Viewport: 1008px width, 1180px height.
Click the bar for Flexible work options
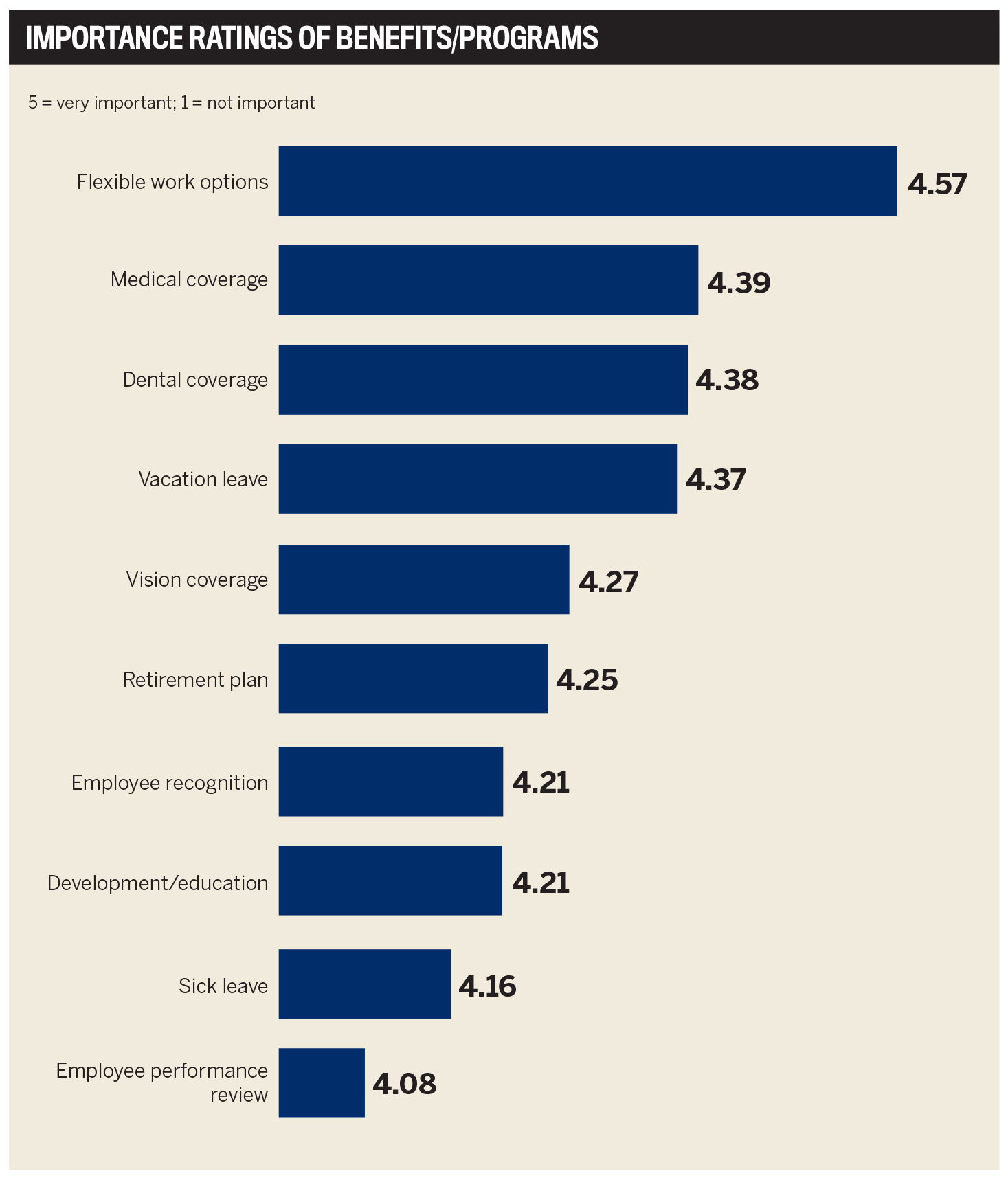587,181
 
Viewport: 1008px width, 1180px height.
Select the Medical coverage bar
488,280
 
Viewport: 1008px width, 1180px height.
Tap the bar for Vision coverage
423,580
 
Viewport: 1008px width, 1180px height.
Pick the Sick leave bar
364,984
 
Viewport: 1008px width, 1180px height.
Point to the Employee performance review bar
322,1083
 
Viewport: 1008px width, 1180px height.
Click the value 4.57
937,184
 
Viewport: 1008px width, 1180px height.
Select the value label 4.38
727,380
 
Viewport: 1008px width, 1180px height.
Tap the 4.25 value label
587,680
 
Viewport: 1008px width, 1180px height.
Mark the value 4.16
487,986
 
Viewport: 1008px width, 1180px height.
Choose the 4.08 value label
404,1084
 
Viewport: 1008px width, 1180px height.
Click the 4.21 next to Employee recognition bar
541,783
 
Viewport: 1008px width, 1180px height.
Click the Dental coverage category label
195,380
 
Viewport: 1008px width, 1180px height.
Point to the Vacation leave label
203,479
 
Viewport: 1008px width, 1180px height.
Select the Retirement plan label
195,680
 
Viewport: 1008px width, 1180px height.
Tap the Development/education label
157,883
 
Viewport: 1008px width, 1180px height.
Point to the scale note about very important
171,103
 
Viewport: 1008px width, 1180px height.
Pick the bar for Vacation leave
478,479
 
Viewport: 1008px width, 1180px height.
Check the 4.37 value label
715,479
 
